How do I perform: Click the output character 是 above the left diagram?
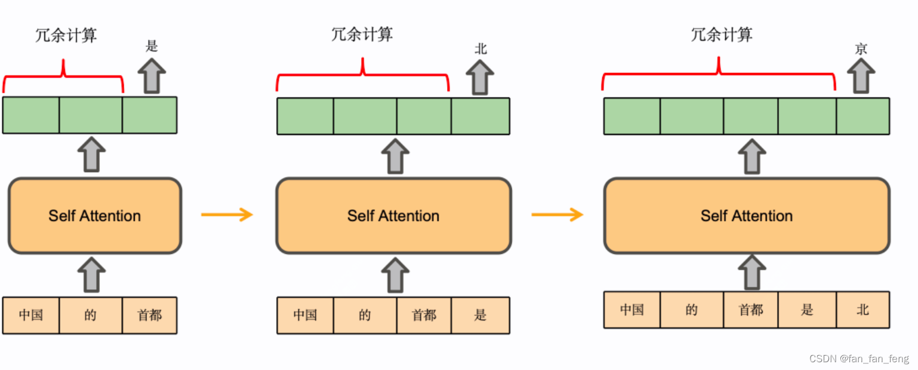click(x=152, y=47)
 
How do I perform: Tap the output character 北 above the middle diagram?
click(x=480, y=49)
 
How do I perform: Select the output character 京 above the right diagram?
click(x=861, y=49)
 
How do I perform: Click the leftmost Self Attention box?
click(x=94, y=216)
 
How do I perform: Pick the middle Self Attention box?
click(x=393, y=216)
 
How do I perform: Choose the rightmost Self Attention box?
click(x=747, y=216)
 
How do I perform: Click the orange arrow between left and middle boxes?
click(x=227, y=214)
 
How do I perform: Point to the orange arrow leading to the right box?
click(x=557, y=214)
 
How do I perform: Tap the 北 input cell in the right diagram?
click(x=862, y=310)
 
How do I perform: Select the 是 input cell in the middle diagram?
click(x=480, y=315)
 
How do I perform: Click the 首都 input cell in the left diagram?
click(x=149, y=315)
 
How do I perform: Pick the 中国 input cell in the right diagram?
click(x=631, y=310)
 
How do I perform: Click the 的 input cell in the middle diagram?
click(x=365, y=315)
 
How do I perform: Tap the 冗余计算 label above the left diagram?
click(x=66, y=35)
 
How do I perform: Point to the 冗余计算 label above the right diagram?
click(x=722, y=35)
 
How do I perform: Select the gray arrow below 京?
click(x=861, y=75)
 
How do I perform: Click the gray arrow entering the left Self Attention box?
click(x=91, y=275)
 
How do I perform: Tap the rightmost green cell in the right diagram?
click(x=862, y=116)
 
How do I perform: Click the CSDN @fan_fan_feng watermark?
click(x=859, y=359)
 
